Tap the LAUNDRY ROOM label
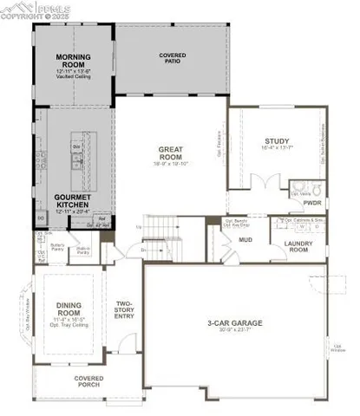(298, 244)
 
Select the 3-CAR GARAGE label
(234, 324)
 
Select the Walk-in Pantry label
(85, 250)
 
